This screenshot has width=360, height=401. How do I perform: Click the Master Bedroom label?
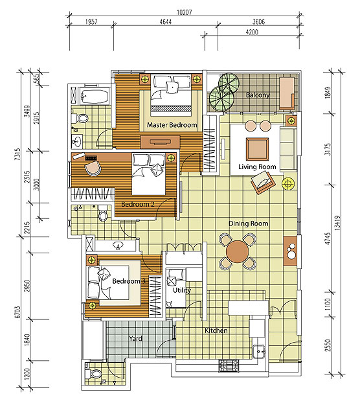[172, 125]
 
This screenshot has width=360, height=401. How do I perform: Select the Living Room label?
[257, 167]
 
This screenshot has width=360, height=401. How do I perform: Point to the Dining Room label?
[248, 223]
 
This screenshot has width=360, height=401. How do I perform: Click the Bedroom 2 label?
[138, 205]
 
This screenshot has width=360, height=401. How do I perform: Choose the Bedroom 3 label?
[129, 282]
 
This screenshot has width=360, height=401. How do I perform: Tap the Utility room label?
[182, 290]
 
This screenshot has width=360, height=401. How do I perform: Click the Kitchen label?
[216, 331]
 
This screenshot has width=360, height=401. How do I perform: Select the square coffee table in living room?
[257, 148]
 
